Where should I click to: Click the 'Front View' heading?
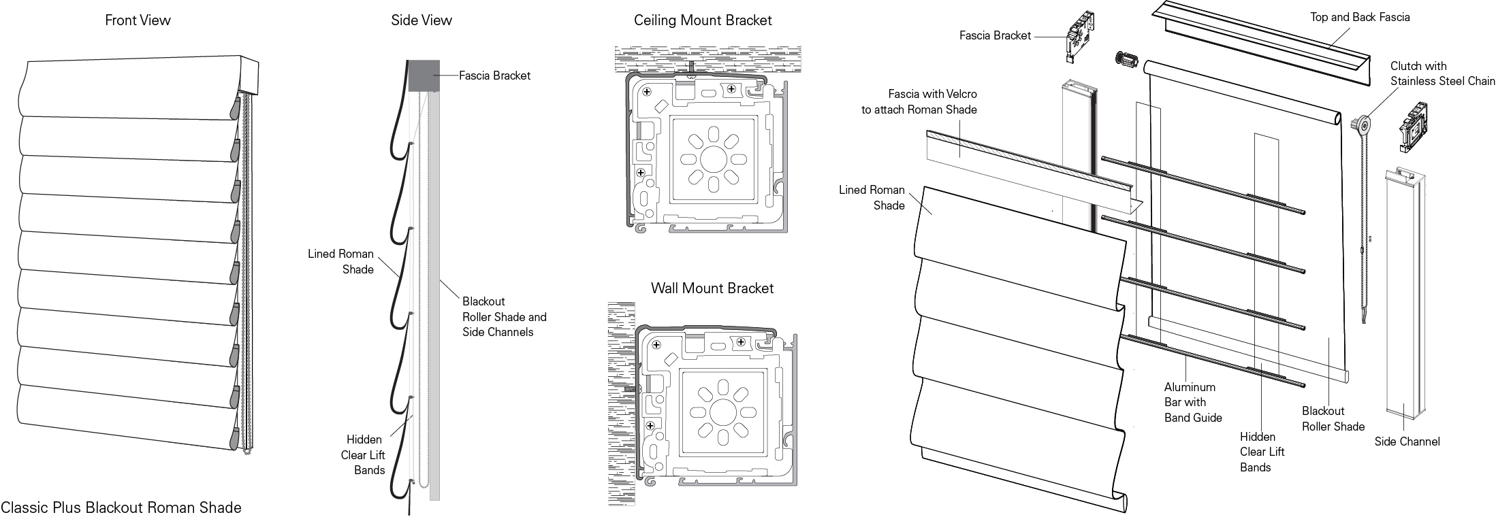click(138, 20)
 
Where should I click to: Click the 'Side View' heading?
click(421, 20)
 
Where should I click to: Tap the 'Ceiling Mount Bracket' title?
click(703, 20)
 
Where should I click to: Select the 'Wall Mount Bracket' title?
click(712, 288)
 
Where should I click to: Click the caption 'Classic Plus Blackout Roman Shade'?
click(121, 507)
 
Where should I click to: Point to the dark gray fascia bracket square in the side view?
click(422, 75)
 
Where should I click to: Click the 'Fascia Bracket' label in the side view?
click(494, 76)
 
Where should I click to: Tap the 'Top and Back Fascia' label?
click(1360, 17)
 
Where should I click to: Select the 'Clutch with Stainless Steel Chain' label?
click(1442, 73)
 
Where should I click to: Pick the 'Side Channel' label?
click(1407, 441)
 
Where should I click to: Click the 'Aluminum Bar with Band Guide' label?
click(1192, 402)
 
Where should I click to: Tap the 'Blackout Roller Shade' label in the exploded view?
click(1333, 418)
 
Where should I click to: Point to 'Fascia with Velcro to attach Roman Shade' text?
click(919, 101)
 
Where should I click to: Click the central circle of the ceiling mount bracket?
click(712, 159)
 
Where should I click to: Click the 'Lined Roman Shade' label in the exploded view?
click(872, 197)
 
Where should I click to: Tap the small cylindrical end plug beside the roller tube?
click(1127, 59)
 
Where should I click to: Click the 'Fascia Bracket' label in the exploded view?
click(995, 35)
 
